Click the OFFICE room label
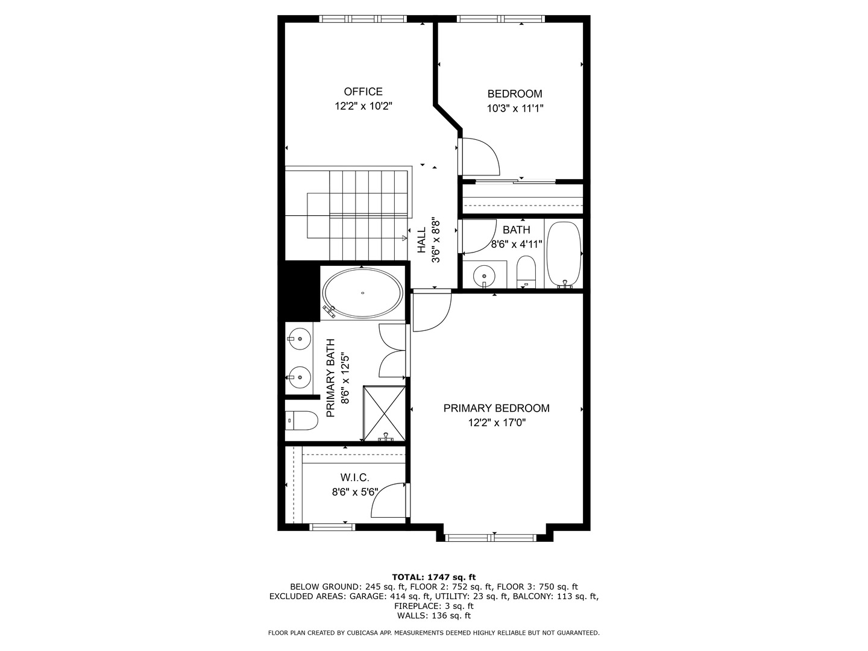click(x=363, y=92)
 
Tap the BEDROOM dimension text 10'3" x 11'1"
click(x=514, y=108)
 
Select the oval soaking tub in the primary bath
click(x=362, y=293)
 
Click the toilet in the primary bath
click(x=302, y=420)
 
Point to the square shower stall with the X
click(x=384, y=414)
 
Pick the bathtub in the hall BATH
click(x=564, y=254)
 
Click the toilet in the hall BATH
click(x=526, y=272)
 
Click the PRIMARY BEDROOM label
click(x=496, y=408)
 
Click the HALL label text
click(x=422, y=240)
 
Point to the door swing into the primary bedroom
click(x=430, y=310)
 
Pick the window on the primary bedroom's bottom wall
click(x=490, y=537)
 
